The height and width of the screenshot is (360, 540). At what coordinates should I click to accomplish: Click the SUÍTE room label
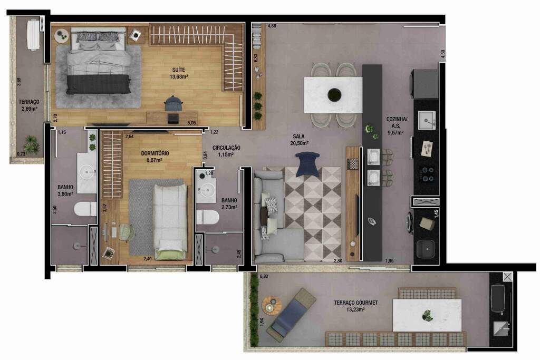point(178,70)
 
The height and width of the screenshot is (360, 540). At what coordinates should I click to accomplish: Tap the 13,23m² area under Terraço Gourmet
point(355,309)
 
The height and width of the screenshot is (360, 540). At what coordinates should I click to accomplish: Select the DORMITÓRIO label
point(155,153)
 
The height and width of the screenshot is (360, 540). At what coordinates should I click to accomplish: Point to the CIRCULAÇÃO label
point(226,148)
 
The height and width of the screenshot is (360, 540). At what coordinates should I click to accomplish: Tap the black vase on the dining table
point(334,95)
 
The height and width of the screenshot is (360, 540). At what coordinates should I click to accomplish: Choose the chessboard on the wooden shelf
point(352,164)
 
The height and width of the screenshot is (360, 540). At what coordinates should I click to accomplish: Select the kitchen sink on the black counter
point(427,120)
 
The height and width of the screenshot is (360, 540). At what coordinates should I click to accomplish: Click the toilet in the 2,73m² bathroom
point(208,217)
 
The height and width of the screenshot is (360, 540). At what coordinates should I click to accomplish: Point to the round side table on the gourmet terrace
point(272,305)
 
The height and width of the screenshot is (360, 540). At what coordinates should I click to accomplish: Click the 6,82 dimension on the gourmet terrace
point(264,276)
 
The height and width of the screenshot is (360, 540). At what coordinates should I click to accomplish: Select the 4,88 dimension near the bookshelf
point(272,26)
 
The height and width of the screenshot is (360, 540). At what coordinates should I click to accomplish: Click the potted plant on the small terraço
point(32,144)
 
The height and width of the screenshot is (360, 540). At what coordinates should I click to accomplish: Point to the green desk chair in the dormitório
point(126,232)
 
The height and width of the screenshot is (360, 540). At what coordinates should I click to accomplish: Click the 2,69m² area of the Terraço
point(28,109)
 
